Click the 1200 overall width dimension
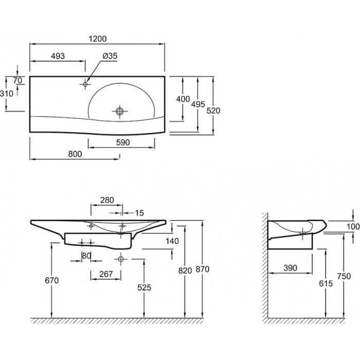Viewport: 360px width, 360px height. click(98, 39)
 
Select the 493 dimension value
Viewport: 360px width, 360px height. click(58, 56)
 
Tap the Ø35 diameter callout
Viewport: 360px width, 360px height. click(110, 56)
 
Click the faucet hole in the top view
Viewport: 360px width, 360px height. click(85, 84)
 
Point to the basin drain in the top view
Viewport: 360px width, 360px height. click(120, 112)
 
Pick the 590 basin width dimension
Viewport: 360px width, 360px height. click(123, 142)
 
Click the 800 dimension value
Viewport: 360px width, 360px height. click(75, 154)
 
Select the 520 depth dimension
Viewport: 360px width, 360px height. click(213, 111)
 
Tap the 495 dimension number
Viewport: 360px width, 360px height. click(198, 104)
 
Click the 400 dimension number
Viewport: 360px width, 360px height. click(183, 99)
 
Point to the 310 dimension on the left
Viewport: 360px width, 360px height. click(7, 94)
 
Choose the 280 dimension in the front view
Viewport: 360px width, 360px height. click(107, 200)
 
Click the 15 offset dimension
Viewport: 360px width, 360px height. click(139, 213)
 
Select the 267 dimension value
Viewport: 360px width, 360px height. click(106, 274)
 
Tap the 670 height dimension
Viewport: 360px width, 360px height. click(51, 280)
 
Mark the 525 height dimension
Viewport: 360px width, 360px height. click(144, 287)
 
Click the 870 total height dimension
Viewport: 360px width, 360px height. click(203, 269)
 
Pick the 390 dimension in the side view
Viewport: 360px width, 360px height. click(290, 268)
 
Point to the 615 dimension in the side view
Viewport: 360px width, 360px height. click(326, 283)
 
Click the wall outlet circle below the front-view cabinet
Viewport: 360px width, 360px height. click(121, 259)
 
